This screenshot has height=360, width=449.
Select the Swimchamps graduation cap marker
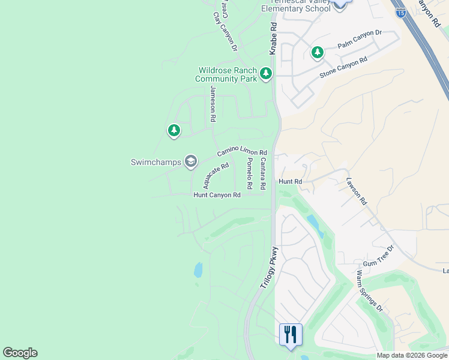(190, 161)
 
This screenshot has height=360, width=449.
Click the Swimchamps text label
(155, 162)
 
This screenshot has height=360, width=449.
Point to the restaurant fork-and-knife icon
(291, 334)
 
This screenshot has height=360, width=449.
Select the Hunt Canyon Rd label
(217, 195)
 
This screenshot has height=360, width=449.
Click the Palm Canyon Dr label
(360, 40)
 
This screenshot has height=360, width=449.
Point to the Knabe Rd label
(273, 39)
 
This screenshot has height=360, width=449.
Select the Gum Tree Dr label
(378, 256)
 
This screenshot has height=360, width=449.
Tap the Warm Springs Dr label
(369, 290)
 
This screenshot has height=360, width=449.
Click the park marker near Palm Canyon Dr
(317, 53)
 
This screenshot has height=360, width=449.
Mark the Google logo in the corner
(20, 353)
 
